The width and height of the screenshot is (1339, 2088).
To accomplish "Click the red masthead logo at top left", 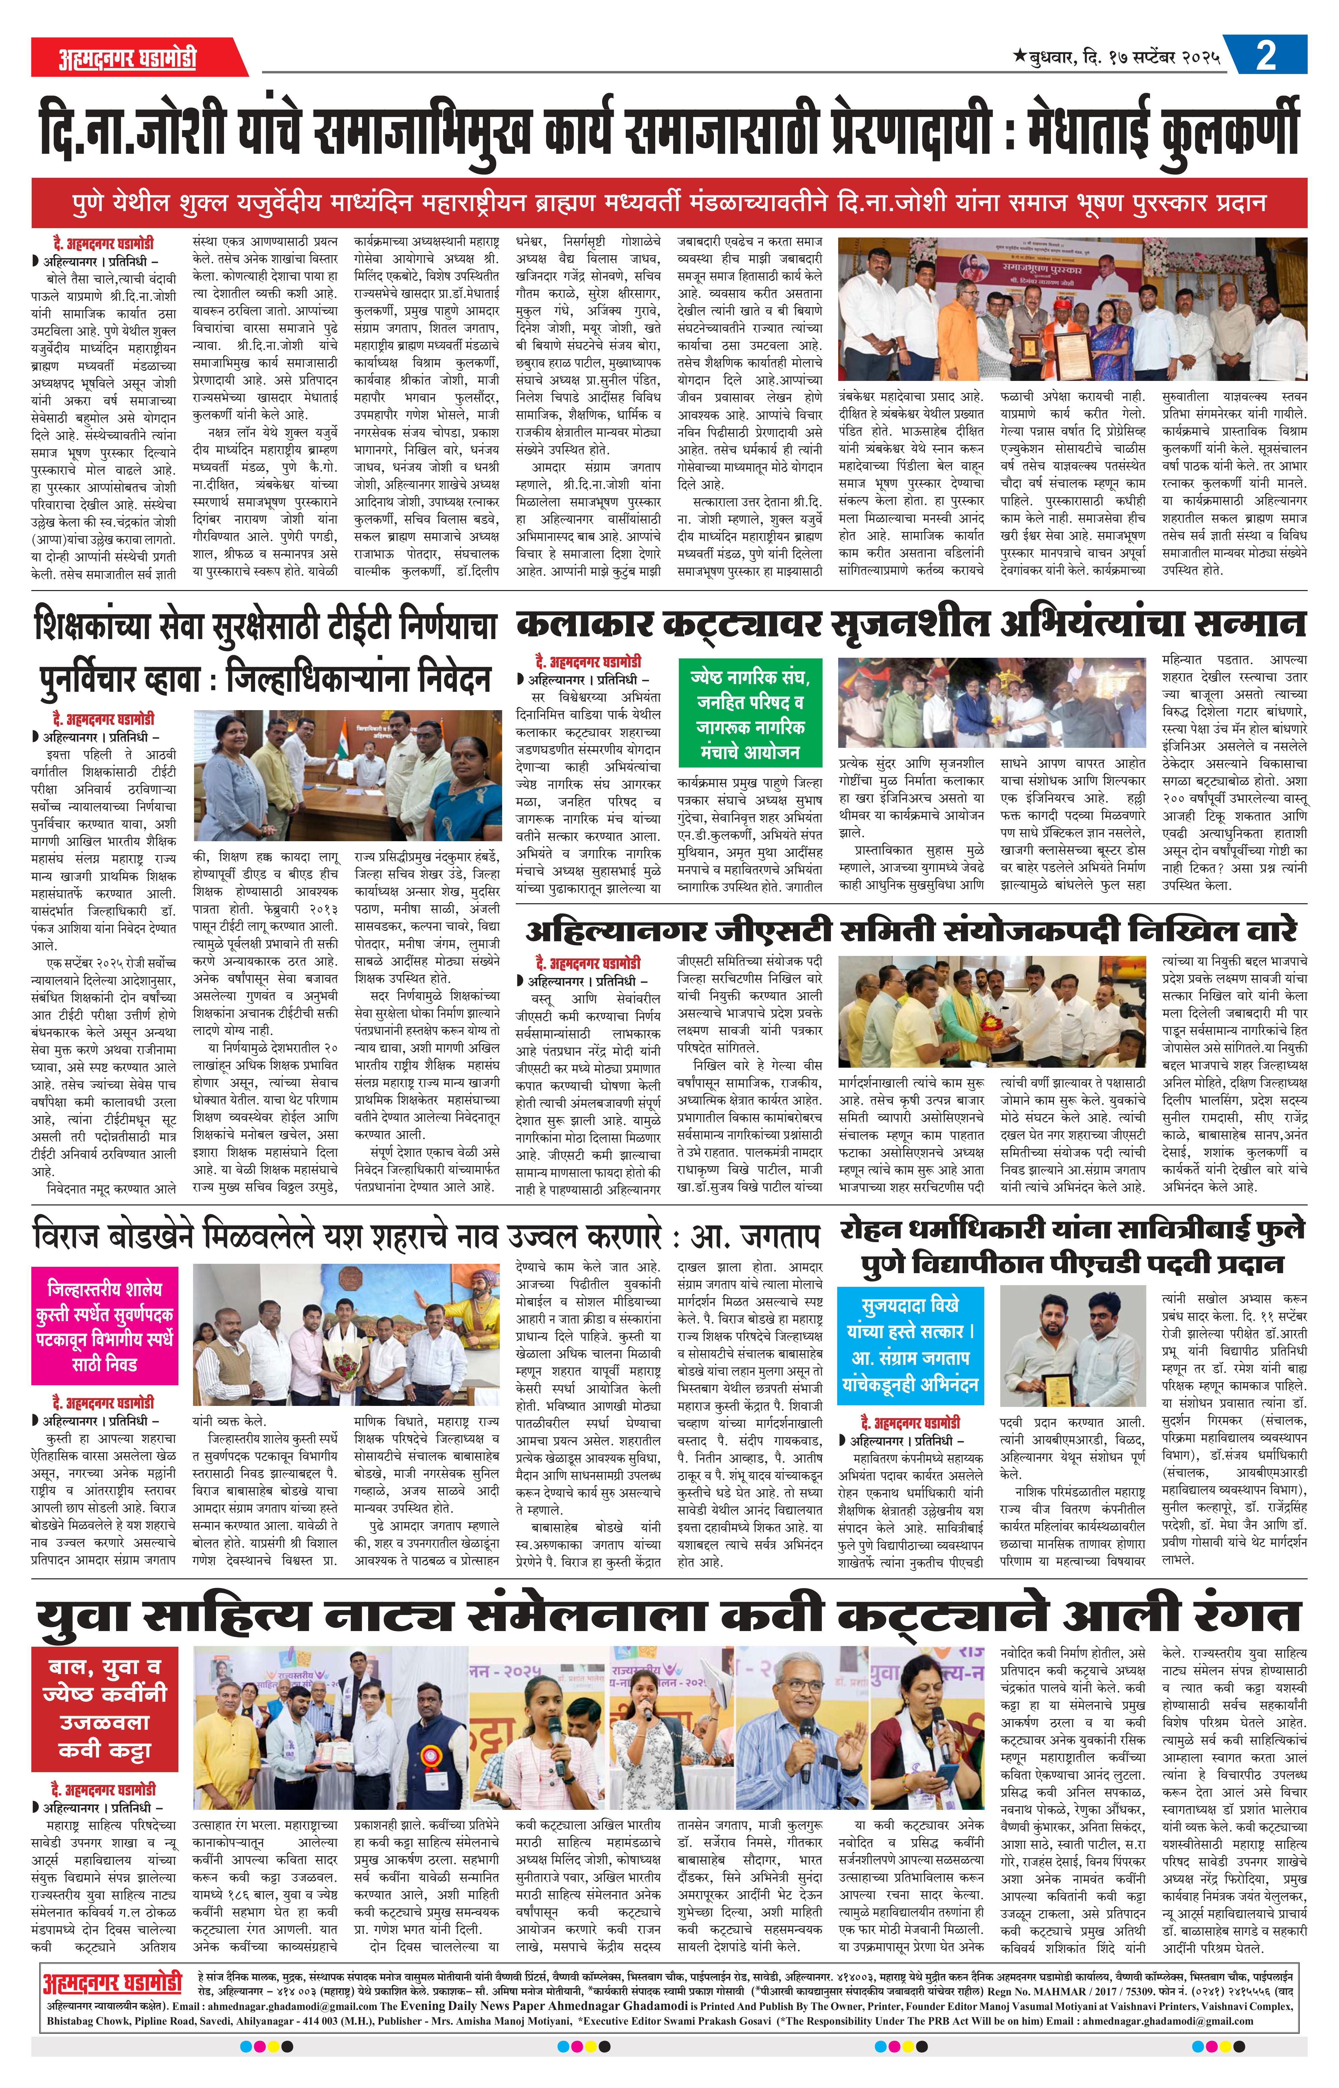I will pyautogui.click(x=128, y=58).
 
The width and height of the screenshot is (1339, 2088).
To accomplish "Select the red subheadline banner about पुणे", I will pyautogui.click(x=668, y=203).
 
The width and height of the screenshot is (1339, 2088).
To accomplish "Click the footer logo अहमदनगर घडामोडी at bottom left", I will pyautogui.click(x=111, y=2025).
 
